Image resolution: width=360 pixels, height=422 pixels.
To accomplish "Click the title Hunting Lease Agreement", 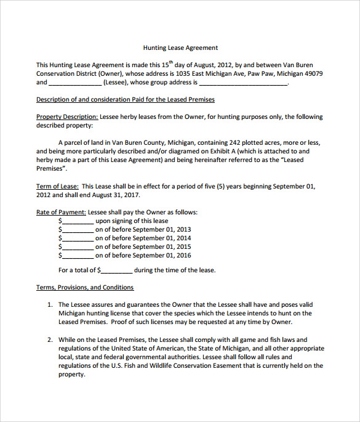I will pyautogui.click(x=180, y=47).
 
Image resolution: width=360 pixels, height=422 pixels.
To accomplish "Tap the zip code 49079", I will pyautogui.click(x=313, y=73).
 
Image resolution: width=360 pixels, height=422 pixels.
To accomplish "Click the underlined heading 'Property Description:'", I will pyautogui.click(x=67, y=117).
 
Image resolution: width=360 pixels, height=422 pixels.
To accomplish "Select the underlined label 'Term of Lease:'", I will pyautogui.click(x=57, y=185).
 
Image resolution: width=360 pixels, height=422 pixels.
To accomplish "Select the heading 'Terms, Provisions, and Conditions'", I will pyautogui.click(x=85, y=287).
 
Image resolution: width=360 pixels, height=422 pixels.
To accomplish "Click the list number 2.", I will pyautogui.click(x=50, y=339).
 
